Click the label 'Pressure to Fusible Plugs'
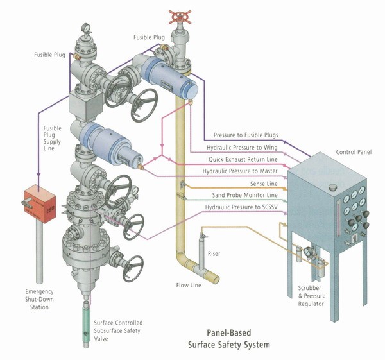coord(241,135)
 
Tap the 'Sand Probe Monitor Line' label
coord(244,195)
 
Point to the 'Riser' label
coord(214,254)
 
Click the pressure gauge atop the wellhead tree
coord(85,30)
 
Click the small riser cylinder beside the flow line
coord(201,246)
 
